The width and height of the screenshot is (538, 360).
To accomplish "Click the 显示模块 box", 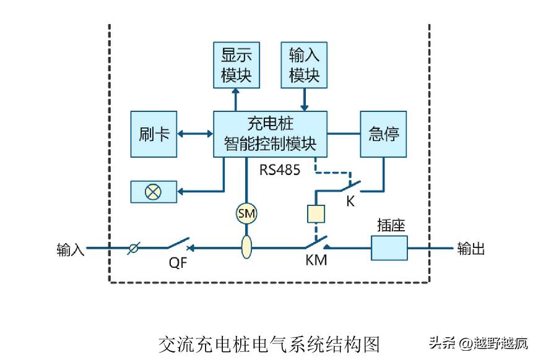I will click(236, 65).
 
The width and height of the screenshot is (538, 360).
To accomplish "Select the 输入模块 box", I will click(304, 65).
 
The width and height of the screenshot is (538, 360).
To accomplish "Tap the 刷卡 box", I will click(154, 134).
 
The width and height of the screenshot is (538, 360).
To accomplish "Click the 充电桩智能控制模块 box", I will click(270, 134).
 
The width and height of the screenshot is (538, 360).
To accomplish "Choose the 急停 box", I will click(384, 134).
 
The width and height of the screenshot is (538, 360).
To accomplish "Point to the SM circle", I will click(246, 213).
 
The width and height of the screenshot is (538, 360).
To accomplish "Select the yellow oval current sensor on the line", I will click(246, 247).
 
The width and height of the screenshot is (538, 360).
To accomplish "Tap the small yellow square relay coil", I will click(316, 214).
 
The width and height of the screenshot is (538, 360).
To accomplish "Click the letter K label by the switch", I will click(350, 202).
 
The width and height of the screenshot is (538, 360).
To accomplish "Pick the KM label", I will click(316, 261).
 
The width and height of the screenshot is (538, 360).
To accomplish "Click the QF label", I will click(178, 262).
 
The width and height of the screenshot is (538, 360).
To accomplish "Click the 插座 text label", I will click(391, 225).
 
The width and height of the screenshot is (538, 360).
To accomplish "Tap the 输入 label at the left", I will click(69, 249).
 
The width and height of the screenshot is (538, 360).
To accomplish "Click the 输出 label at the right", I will click(471, 249).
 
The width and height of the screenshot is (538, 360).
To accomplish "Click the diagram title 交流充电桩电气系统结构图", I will click(268, 344).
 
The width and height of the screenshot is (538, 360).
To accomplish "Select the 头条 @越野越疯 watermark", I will click(479, 343).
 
